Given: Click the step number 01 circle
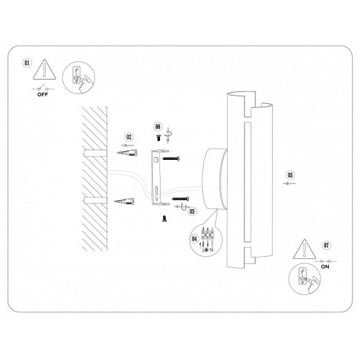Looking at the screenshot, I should click(x=28, y=62).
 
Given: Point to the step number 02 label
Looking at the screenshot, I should click(x=128, y=137).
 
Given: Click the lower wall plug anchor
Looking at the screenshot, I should click(x=127, y=203).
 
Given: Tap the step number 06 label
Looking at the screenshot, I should click(x=158, y=127).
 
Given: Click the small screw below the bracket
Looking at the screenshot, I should click(x=165, y=218).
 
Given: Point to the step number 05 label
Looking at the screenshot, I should click(x=290, y=174).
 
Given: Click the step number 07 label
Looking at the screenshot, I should click(x=325, y=244).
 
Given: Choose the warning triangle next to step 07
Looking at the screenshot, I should click(x=303, y=249).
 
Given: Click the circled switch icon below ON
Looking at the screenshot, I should click(x=303, y=279).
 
